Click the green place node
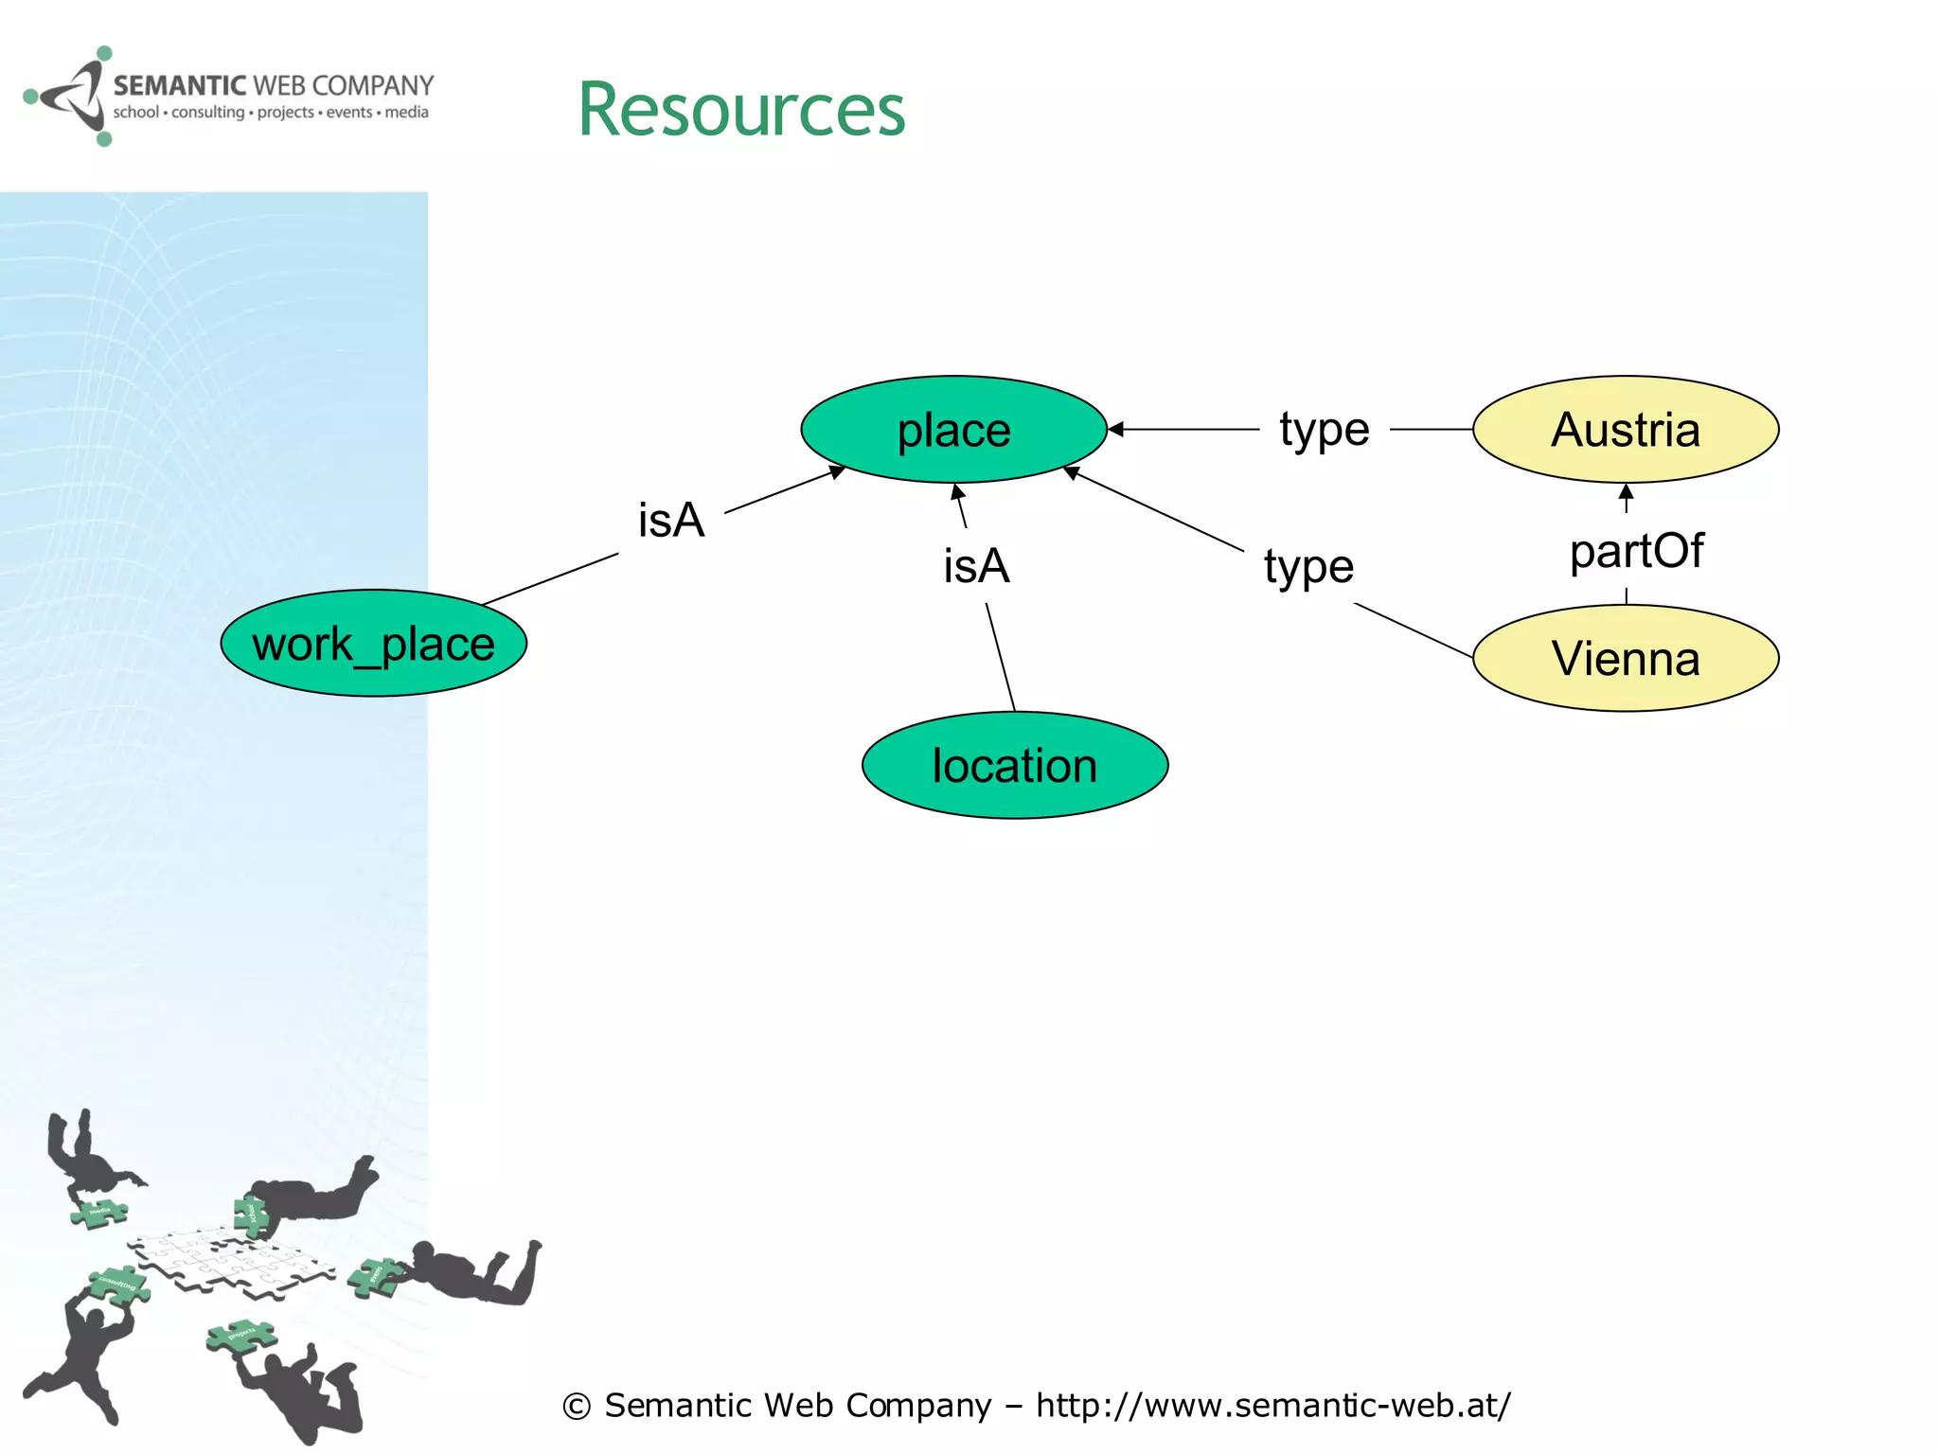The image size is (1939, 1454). point(953,430)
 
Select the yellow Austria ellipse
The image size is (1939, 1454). point(1626,430)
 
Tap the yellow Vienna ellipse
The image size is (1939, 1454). point(1626,658)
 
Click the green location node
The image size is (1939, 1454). point(1014,765)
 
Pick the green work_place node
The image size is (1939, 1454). point(373,644)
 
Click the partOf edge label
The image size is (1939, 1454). point(1636,551)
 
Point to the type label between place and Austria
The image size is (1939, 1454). point(1324,430)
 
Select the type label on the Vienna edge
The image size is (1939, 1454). point(1308,567)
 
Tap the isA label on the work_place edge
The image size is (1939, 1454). point(670,521)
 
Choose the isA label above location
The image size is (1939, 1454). point(976,566)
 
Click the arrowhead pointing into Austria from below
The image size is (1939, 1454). point(1626,492)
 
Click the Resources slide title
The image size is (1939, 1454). point(741,110)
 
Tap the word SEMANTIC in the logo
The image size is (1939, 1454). point(179,86)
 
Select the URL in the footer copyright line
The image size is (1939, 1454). point(1273,1405)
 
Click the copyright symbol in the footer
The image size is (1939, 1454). point(577,1407)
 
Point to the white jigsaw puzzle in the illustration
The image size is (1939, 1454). point(231,1263)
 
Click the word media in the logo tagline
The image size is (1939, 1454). point(406,113)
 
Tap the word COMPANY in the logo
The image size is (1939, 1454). point(372,86)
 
